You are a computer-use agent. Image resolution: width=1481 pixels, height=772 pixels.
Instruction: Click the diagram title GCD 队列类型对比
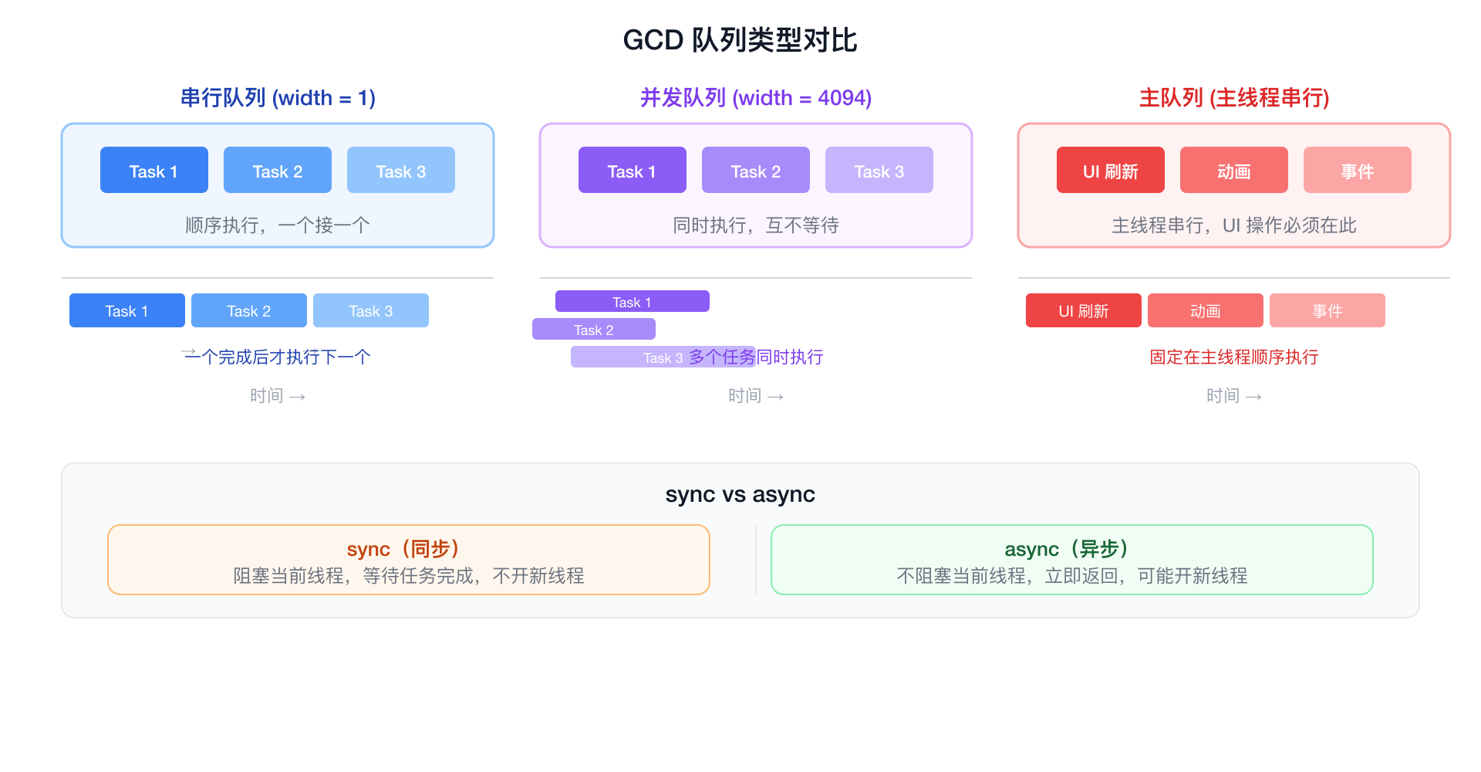(740, 40)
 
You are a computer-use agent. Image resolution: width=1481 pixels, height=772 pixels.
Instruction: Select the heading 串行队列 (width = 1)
(278, 98)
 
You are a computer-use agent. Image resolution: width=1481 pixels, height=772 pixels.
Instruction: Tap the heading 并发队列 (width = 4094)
(756, 98)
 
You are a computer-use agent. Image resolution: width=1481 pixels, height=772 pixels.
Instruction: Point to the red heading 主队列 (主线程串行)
(1234, 98)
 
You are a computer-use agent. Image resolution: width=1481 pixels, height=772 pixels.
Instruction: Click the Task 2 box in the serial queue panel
(278, 171)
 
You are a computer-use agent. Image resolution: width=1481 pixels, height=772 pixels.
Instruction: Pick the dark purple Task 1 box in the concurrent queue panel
(632, 171)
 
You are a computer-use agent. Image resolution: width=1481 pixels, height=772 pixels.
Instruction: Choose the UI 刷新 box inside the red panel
(1110, 171)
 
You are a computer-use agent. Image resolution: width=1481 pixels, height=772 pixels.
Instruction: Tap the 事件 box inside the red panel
(1357, 171)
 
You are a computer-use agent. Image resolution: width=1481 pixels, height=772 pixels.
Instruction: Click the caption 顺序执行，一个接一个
(278, 225)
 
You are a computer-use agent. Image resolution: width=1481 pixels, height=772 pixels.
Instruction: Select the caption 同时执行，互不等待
(756, 225)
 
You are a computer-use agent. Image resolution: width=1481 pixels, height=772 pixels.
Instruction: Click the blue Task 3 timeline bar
(371, 310)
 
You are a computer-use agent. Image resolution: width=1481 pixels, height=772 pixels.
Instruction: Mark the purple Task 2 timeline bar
(593, 330)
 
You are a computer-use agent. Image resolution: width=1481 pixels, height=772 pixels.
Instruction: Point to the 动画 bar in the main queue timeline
(1205, 310)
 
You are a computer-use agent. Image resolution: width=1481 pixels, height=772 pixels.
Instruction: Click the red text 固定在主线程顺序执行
(1234, 357)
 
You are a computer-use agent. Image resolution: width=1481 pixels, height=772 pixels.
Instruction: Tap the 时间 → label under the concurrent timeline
(756, 396)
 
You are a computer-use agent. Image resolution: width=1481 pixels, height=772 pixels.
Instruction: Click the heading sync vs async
(740, 494)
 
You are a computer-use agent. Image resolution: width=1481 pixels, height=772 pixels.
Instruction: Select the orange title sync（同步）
(407, 549)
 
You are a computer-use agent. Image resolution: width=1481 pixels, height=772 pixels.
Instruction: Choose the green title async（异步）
(1071, 549)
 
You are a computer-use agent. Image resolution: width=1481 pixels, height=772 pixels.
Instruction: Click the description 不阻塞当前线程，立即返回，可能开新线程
(1071, 576)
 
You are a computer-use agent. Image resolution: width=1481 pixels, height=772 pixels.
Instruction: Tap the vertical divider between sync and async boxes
(756, 560)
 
